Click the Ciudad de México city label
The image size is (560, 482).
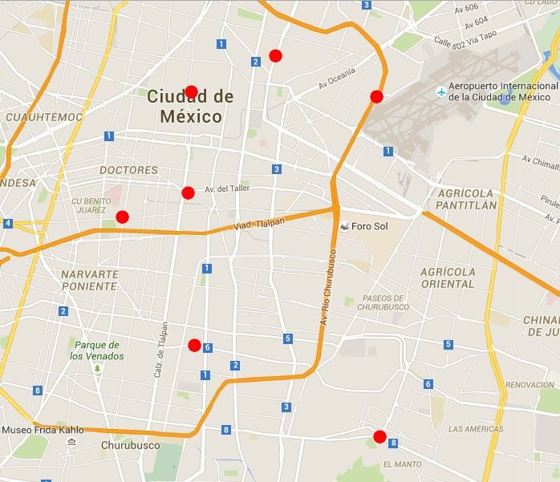tap(190, 106)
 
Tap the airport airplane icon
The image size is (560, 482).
tap(440, 91)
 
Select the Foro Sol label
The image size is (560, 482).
tap(369, 226)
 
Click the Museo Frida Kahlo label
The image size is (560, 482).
tap(43, 430)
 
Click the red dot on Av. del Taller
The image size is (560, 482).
tap(188, 192)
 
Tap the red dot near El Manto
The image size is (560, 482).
tap(379, 437)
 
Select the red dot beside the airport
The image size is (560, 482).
tap(376, 97)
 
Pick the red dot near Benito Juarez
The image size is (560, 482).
tap(122, 217)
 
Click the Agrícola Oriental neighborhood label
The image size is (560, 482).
tap(447, 277)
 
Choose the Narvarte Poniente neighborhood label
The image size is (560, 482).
tap(90, 279)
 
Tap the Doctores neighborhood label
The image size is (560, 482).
tap(128, 170)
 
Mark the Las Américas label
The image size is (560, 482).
tap(476, 429)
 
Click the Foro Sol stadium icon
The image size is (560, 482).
tap(344, 226)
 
